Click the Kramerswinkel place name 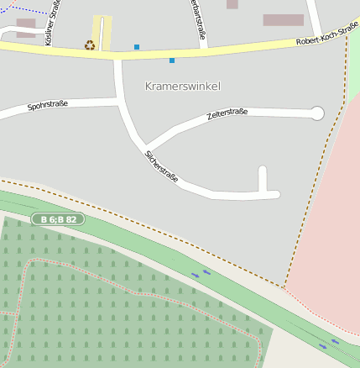(182, 87)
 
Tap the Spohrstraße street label (47, 106)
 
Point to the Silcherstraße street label (161, 168)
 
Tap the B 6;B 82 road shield (59, 219)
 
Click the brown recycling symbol (90, 45)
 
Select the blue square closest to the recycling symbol (137, 47)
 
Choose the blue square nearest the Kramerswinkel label (172, 60)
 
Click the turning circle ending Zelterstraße (317, 113)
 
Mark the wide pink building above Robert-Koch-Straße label (283, 19)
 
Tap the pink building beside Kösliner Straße (26, 28)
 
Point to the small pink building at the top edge (232, 4)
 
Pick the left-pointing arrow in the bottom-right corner (335, 341)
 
